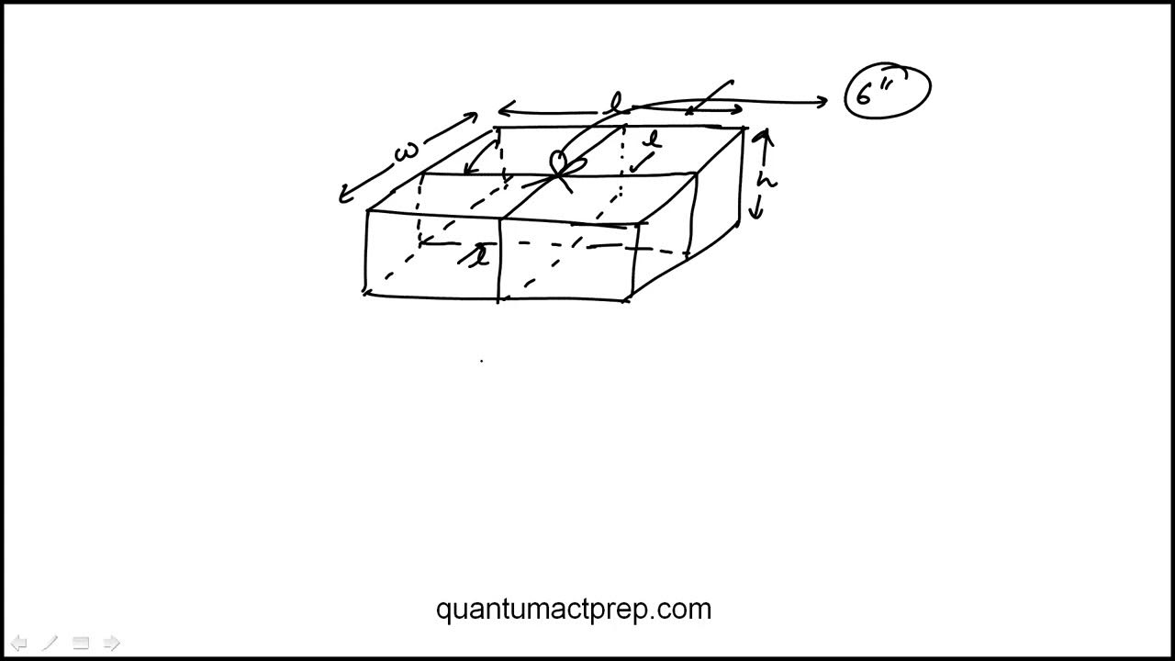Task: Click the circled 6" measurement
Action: coord(887,91)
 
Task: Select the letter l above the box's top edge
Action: coord(617,104)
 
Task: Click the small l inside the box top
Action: coord(653,141)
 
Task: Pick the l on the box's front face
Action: coord(479,256)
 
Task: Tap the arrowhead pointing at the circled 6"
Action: coord(823,102)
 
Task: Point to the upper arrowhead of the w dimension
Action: coord(472,117)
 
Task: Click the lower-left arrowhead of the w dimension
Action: coord(344,196)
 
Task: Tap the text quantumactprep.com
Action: coord(574,609)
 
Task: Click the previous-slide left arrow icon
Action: coord(18,643)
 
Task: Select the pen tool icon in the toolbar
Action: coord(50,643)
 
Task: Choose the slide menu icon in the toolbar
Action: coord(81,643)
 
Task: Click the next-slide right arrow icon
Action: coord(112,643)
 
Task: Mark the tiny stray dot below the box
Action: coord(482,362)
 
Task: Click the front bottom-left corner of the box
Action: coord(366,292)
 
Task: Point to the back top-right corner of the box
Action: coord(744,129)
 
